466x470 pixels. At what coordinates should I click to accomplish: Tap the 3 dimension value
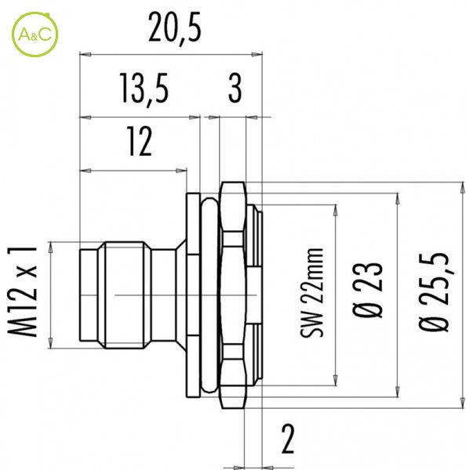[235, 88]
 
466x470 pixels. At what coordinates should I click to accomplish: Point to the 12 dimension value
[140, 141]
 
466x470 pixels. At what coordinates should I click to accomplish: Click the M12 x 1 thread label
[23, 292]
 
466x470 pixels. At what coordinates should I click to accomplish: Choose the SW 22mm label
[311, 293]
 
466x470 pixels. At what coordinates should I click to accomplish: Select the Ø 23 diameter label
[367, 290]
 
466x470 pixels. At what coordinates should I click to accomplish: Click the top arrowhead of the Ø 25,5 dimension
[461, 188]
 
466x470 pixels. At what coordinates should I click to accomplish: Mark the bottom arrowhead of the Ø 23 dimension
[398, 392]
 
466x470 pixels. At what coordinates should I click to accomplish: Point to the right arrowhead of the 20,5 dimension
[257, 55]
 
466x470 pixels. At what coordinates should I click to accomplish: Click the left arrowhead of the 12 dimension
[86, 171]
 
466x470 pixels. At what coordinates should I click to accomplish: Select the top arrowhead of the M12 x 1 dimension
[50, 248]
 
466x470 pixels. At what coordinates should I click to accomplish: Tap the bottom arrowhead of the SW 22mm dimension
[336, 380]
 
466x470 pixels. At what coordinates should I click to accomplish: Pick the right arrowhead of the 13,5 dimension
[195, 117]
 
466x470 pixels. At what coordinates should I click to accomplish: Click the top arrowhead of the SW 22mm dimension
[336, 210]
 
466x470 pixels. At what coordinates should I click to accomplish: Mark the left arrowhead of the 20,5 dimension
[86, 55]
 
